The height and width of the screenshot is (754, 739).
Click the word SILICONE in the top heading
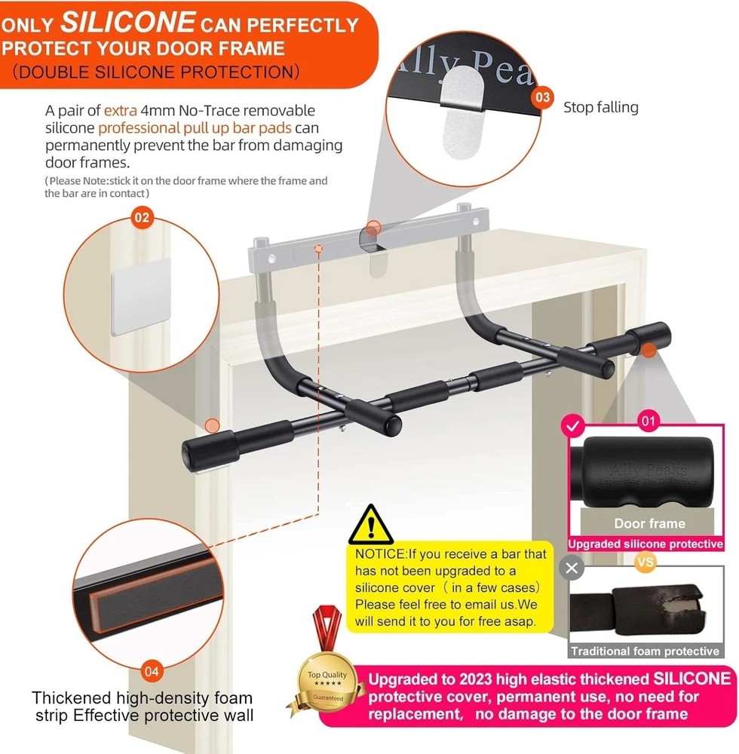pyautogui.click(x=127, y=22)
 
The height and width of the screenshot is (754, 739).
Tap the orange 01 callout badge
pyautogui.click(x=647, y=421)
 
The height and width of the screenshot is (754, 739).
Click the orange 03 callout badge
pyautogui.click(x=541, y=97)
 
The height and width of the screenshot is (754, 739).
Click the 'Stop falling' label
pyautogui.click(x=600, y=107)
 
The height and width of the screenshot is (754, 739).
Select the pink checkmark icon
pyautogui.click(x=573, y=427)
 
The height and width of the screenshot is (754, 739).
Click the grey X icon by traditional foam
pyautogui.click(x=572, y=568)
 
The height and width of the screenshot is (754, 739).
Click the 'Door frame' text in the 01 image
pyautogui.click(x=649, y=523)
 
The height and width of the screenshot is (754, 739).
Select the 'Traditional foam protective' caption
pyautogui.click(x=645, y=651)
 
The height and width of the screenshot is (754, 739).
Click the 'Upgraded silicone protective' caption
pyautogui.click(x=645, y=544)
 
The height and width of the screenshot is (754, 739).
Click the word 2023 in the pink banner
pyautogui.click(x=483, y=678)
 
